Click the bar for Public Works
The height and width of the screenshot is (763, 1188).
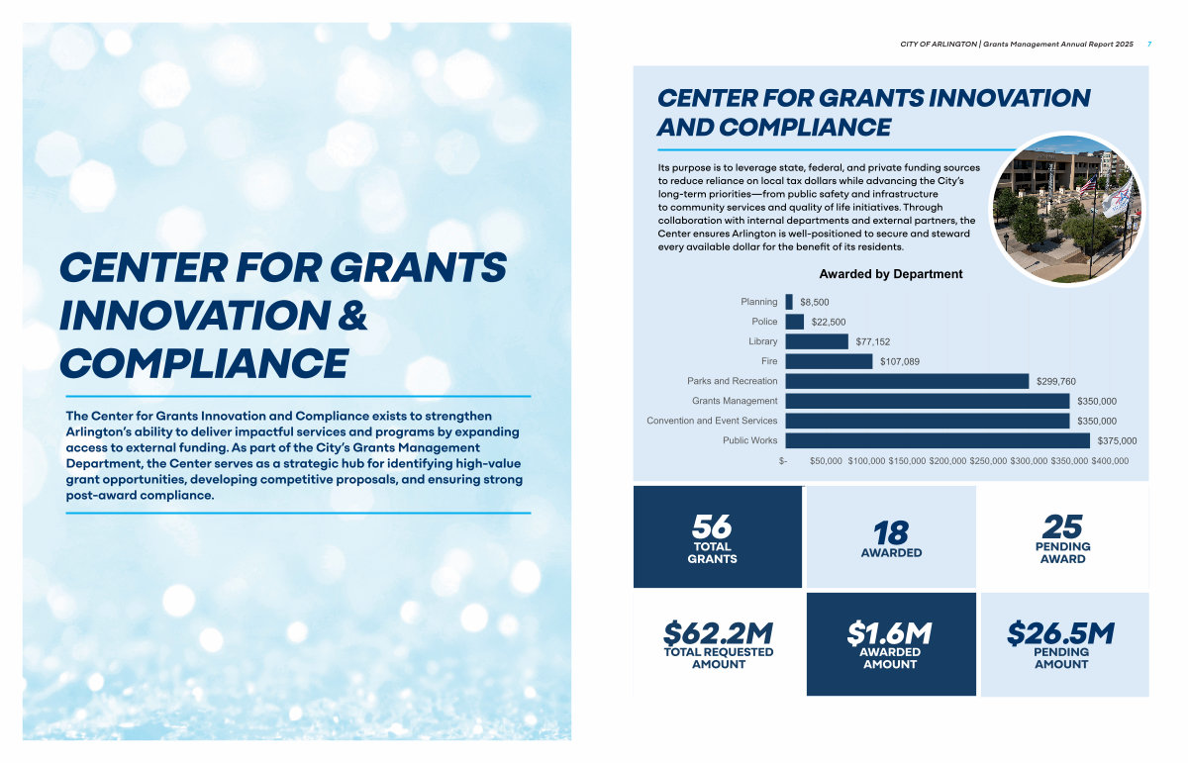click(x=937, y=440)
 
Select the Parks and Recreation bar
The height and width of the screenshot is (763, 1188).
click(x=907, y=381)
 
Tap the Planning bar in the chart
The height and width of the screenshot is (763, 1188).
click(x=789, y=302)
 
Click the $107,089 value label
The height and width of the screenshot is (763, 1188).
click(x=900, y=361)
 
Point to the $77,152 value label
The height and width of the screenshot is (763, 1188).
click(x=873, y=341)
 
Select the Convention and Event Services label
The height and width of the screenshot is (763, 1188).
click(x=712, y=421)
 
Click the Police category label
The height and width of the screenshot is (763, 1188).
click(x=764, y=322)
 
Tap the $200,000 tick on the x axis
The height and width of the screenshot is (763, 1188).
click(x=947, y=461)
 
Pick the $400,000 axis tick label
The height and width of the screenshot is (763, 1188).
click(x=1110, y=461)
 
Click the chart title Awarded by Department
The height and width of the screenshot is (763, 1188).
click(x=891, y=274)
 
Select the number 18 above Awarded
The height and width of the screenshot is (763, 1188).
click(x=891, y=532)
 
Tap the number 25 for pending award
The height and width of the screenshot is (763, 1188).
click(x=1062, y=525)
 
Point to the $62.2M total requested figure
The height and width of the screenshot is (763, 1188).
click(x=718, y=632)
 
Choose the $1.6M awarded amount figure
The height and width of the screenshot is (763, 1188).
click(x=890, y=632)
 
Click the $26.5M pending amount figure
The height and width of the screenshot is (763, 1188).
click(x=1060, y=632)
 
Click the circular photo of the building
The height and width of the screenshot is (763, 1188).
click(x=1067, y=209)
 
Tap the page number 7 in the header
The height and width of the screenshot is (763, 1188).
click(x=1148, y=45)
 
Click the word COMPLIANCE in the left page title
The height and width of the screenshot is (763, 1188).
click(x=203, y=363)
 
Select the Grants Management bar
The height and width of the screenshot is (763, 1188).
click(x=927, y=401)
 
